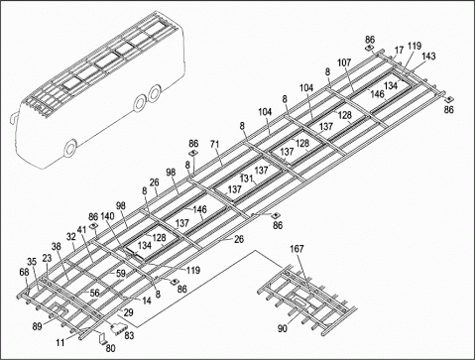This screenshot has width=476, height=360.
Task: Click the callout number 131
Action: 246,179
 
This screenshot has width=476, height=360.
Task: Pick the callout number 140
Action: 107,216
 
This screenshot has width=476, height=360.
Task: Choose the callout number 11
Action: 60,341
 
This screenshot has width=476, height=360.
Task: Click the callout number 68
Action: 25,272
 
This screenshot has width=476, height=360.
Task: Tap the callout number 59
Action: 122,274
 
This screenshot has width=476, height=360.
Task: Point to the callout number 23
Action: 47,258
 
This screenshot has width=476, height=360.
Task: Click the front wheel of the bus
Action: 71,149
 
